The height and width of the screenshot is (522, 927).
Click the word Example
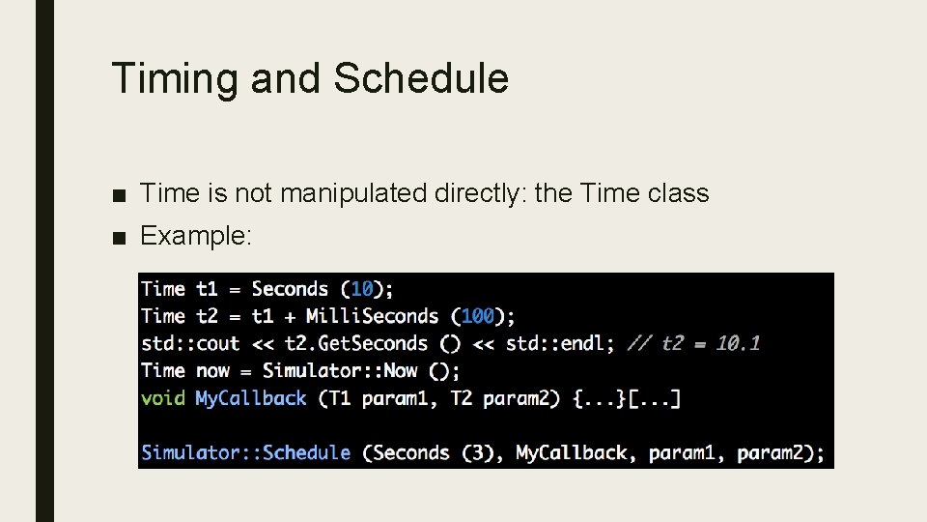(x=196, y=235)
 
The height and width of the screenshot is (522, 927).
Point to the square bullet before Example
(x=119, y=236)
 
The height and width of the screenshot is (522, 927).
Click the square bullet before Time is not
(x=119, y=194)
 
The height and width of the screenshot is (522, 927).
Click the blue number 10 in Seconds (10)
(x=362, y=289)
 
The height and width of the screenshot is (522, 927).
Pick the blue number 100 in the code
(x=477, y=316)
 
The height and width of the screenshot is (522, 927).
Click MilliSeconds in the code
(x=372, y=316)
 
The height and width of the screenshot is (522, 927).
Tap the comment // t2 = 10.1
(x=693, y=343)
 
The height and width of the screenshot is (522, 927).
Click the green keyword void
(x=162, y=398)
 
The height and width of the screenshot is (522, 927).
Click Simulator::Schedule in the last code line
(x=245, y=452)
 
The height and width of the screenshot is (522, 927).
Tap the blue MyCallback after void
(x=250, y=398)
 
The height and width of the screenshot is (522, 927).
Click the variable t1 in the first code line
(x=207, y=289)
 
